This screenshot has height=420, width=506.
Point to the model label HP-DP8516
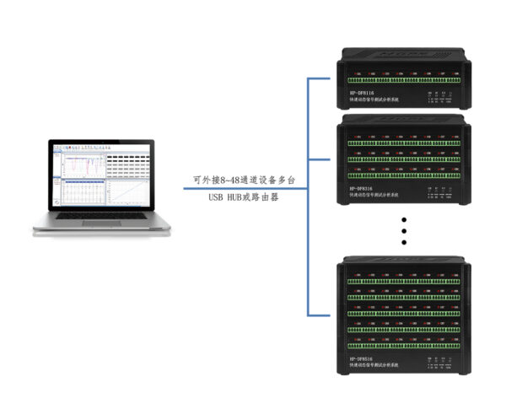pyautogui.click(x=363, y=359)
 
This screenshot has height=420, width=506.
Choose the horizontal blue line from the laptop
pyautogui.click(x=245, y=188)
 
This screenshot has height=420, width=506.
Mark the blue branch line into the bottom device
pyautogui.click(x=320, y=316)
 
